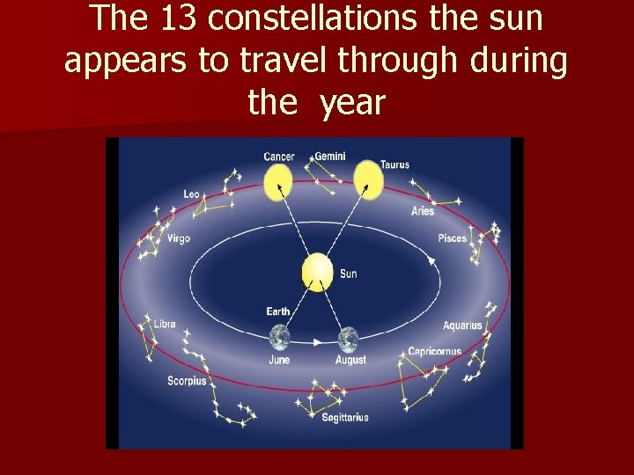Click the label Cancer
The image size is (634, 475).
pos(279,157)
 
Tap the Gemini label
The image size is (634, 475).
pos(330,157)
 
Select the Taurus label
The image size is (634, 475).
pos(394,164)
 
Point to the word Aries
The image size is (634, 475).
pos(423,211)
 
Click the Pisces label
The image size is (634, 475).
pos(452,238)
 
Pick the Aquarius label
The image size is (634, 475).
pos(462,325)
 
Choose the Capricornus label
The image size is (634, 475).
pos(434,352)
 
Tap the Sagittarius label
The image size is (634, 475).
pos(344,417)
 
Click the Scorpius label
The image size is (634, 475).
pos(187,381)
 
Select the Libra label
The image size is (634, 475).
pos(165,324)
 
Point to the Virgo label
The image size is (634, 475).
pos(178,238)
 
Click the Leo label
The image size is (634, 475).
pos(191,194)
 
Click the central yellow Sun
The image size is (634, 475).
pos(317,273)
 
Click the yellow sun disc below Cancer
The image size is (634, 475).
pos(278,182)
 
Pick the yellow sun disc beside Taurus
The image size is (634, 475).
pos(368,179)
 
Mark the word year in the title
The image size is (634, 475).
pos(352,104)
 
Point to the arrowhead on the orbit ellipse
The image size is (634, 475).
pos(431,260)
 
